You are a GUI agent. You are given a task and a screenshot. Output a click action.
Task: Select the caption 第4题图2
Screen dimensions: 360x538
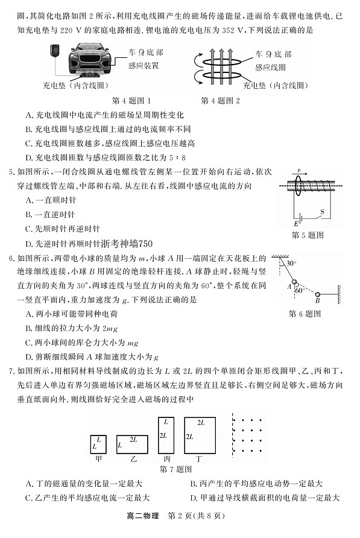click(220, 101)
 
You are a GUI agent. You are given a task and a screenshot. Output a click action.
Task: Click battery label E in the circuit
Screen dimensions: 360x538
click(296, 224)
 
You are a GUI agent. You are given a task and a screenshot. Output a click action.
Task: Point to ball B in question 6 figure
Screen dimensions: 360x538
click(317, 295)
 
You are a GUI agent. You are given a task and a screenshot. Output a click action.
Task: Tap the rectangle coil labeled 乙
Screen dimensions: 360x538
click(133, 443)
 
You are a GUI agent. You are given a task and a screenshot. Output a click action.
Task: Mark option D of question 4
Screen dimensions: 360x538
click(108, 158)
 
